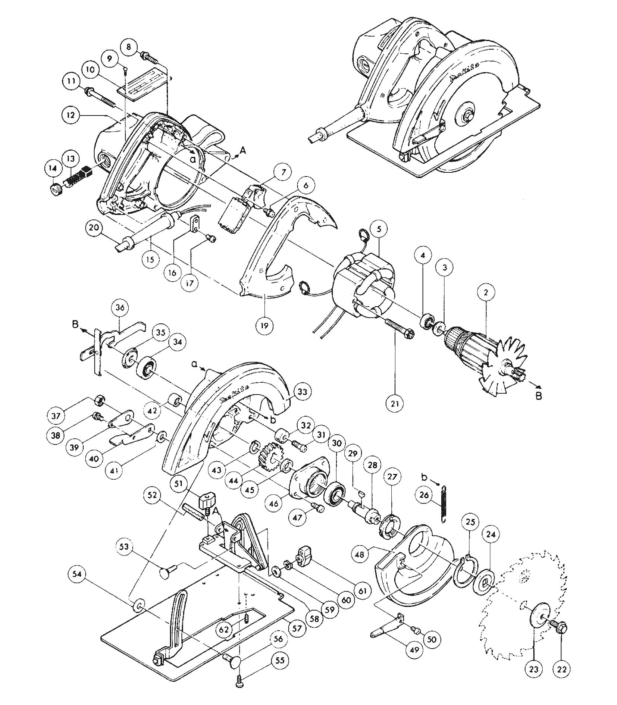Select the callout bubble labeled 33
(x=302, y=392)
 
